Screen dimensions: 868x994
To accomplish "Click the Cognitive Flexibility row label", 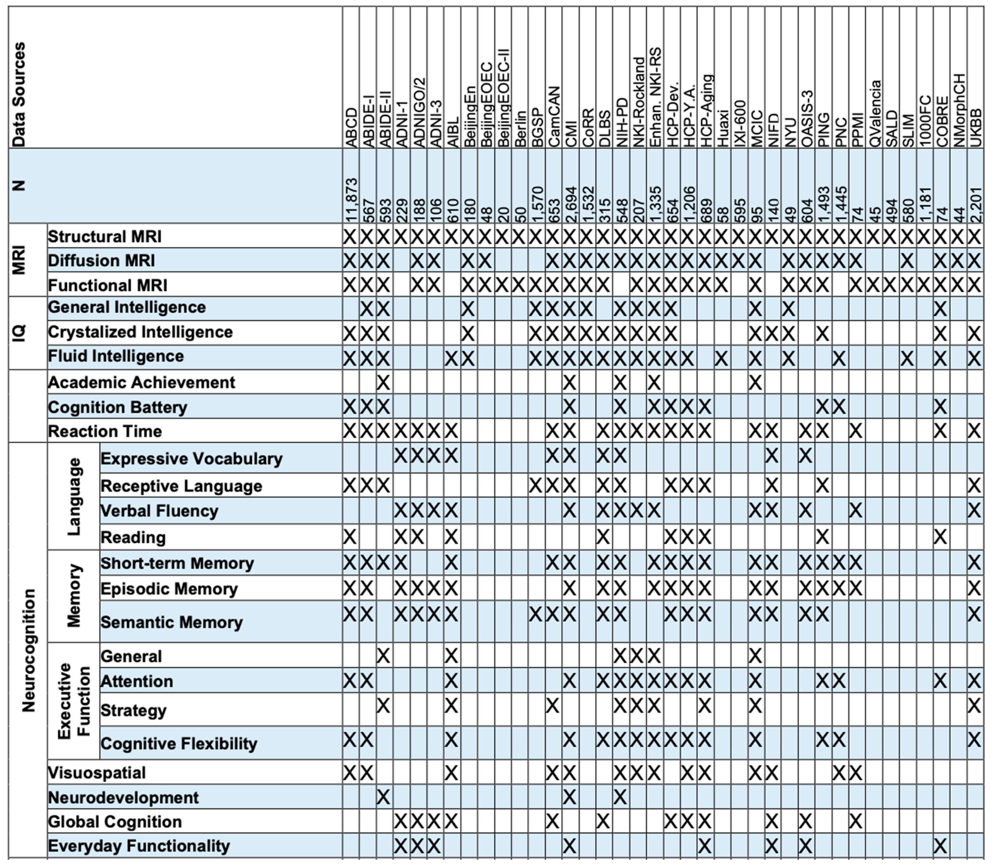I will click(x=178, y=743).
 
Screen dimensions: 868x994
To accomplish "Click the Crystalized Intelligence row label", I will click(x=140, y=332).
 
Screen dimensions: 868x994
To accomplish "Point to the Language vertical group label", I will click(x=74, y=496).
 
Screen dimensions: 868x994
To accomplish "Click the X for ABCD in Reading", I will click(x=350, y=537).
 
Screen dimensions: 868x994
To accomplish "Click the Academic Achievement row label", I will click(x=141, y=382).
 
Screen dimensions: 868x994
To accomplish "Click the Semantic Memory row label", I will click(x=171, y=622).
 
